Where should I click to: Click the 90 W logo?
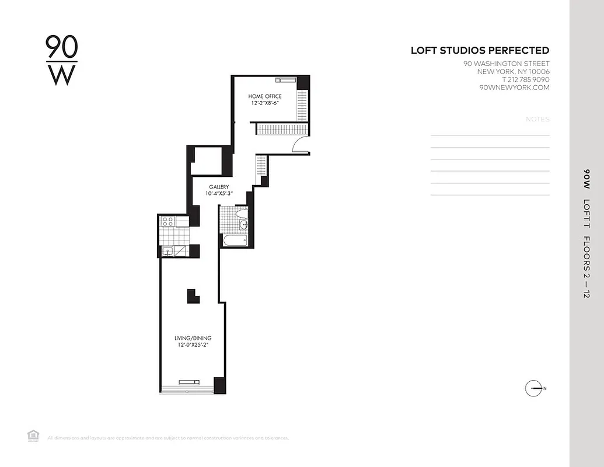61,60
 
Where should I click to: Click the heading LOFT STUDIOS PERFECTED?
480,51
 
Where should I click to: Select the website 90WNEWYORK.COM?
514,88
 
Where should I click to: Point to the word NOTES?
537,119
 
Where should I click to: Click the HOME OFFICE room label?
264,96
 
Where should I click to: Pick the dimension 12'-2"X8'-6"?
264,103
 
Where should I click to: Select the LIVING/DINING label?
193,338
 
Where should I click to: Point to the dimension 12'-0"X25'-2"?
193,345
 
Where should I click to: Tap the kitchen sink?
167,251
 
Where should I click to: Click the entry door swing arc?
301,143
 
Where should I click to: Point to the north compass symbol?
535,388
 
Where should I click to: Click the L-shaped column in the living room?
193,295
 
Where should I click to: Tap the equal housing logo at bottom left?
33,435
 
